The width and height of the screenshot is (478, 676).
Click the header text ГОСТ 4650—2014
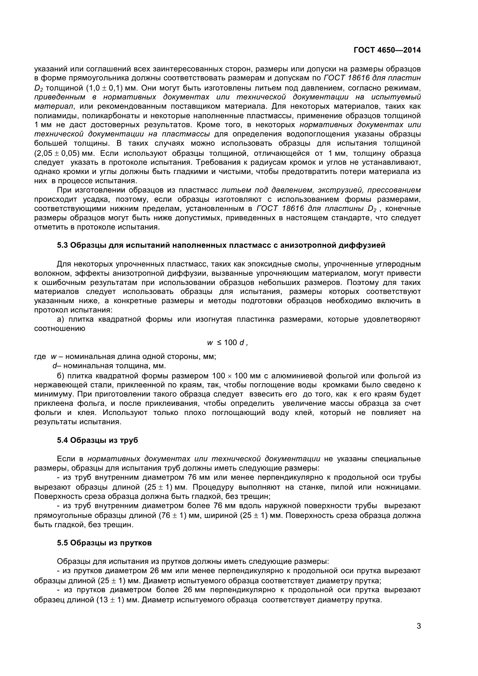point(387,50)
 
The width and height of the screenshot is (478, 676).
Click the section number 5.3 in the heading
point(62,245)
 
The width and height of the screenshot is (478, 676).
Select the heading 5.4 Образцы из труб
point(97,440)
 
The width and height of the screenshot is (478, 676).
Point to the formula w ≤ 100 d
point(227,342)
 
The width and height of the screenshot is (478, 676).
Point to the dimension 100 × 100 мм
point(237,376)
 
